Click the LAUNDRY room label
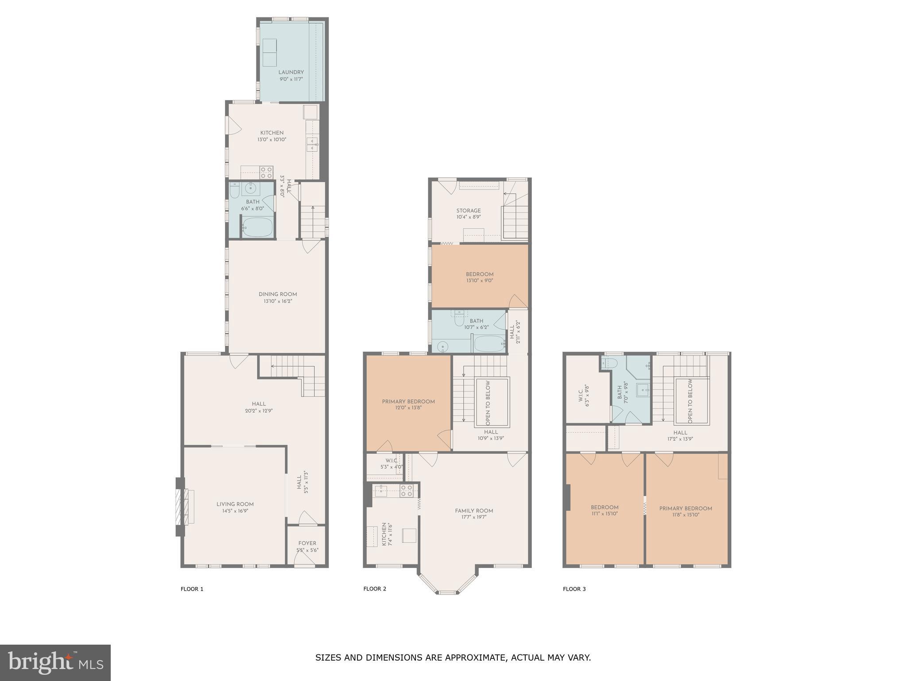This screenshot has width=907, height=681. (291, 72)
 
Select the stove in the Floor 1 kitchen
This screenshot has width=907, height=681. (266, 172)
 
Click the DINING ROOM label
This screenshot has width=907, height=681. (278, 294)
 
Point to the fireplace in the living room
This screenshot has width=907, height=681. (180, 507)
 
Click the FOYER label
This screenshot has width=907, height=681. (307, 543)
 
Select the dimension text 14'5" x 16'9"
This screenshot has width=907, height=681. (235, 511)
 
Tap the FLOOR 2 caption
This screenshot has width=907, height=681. (375, 589)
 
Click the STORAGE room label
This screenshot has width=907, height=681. (469, 211)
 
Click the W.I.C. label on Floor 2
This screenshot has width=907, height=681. (391, 461)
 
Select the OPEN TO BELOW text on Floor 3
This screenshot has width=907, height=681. (690, 401)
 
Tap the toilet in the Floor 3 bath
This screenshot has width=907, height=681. (610, 364)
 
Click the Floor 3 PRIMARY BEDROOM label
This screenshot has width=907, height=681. (686, 509)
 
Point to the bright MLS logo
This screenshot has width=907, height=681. (55, 662)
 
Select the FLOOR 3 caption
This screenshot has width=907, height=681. (574, 589)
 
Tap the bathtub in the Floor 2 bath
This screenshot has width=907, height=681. (489, 344)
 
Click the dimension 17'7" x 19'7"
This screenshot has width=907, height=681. (474, 517)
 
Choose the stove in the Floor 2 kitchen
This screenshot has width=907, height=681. (407, 490)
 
